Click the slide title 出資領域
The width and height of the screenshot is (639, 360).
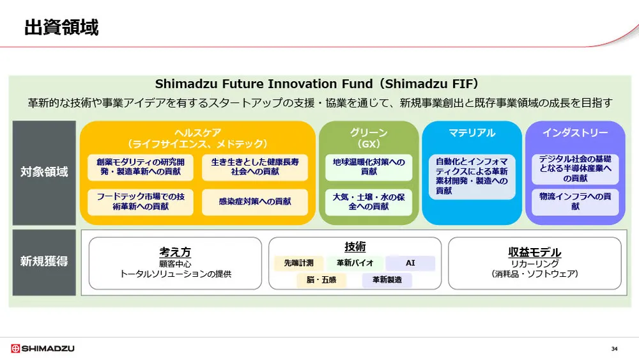[61, 27]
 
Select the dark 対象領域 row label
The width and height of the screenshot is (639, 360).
[44, 172]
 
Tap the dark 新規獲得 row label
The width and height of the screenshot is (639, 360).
[44, 261]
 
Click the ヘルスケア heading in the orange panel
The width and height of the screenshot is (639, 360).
[197, 133]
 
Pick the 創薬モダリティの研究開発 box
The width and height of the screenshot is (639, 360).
[139, 166]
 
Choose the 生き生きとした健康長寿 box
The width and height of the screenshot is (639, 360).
[254, 166]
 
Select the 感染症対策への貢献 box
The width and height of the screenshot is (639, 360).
[254, 201]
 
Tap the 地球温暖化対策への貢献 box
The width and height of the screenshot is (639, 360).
[369, 167]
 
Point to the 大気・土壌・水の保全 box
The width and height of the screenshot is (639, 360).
[369, 201]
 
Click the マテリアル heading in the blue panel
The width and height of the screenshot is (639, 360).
[472, 133]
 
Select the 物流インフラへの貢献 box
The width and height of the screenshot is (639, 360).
[575, 201]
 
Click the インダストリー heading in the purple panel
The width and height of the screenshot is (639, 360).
[575, 133]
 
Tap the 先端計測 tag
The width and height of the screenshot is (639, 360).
[299, 263]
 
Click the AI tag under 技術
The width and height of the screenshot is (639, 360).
[410, 263]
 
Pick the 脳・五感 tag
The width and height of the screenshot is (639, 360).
[321, 280]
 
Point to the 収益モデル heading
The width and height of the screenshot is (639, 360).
[534, 252]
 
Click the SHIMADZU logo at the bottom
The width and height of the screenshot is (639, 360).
[43, 348]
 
